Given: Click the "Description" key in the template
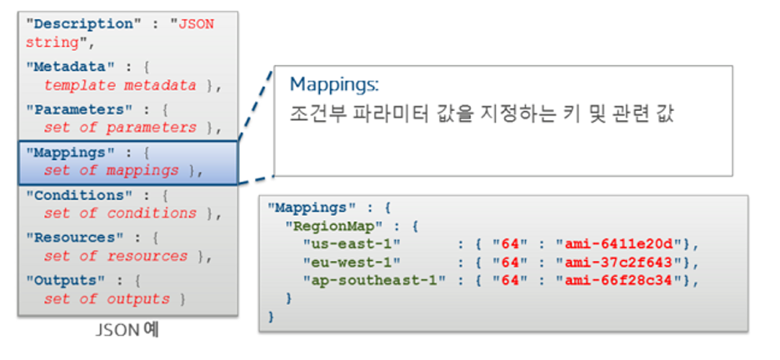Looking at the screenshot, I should [78, 24].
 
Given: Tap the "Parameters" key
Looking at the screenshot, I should [74, 109].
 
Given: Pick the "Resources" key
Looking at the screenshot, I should [70, 237].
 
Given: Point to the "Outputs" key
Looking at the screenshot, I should [66, 280].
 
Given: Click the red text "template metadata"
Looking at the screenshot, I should [120, 85].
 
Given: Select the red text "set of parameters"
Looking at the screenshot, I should [120, 128].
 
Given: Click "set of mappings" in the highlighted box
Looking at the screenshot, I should [111, 171].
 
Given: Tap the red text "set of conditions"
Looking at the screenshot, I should [120, 213].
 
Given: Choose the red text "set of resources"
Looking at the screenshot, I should [115, 257].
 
